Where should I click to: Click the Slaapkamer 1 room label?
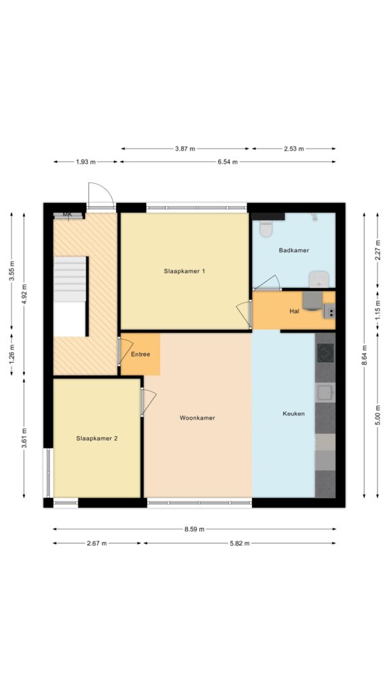coord(184,272)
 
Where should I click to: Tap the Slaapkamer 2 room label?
coord(97,438)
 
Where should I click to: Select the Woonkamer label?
coord(197,418)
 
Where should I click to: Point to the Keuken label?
coord(293,414)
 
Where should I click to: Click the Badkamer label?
coord(294,250)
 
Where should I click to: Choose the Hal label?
coord(294,311)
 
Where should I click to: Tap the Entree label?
coord(140,354)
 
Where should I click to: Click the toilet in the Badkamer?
coord(265,228)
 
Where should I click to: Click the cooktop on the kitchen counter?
coord(326,353)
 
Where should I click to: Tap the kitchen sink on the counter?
coord(326,393)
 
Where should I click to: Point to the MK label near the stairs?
coord(67,214)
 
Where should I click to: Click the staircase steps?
coord(70,279)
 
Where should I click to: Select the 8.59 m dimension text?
coord(194,529)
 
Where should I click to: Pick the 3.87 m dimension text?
coord(185,149)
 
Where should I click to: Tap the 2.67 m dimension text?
coord(97,543)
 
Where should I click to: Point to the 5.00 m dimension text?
coord(378,416)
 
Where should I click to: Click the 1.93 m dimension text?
coord(86,162)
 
